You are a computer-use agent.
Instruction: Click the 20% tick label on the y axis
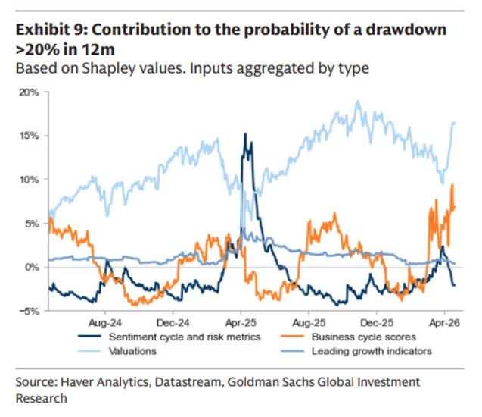28,92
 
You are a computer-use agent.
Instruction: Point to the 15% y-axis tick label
28,136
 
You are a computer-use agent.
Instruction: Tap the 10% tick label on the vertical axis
28,180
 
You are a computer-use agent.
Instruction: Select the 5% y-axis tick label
30,224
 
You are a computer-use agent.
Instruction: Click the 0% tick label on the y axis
30,268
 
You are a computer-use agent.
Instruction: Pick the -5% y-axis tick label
29,311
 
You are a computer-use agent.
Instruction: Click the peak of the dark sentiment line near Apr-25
244,134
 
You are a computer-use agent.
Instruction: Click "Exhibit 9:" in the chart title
48,31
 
